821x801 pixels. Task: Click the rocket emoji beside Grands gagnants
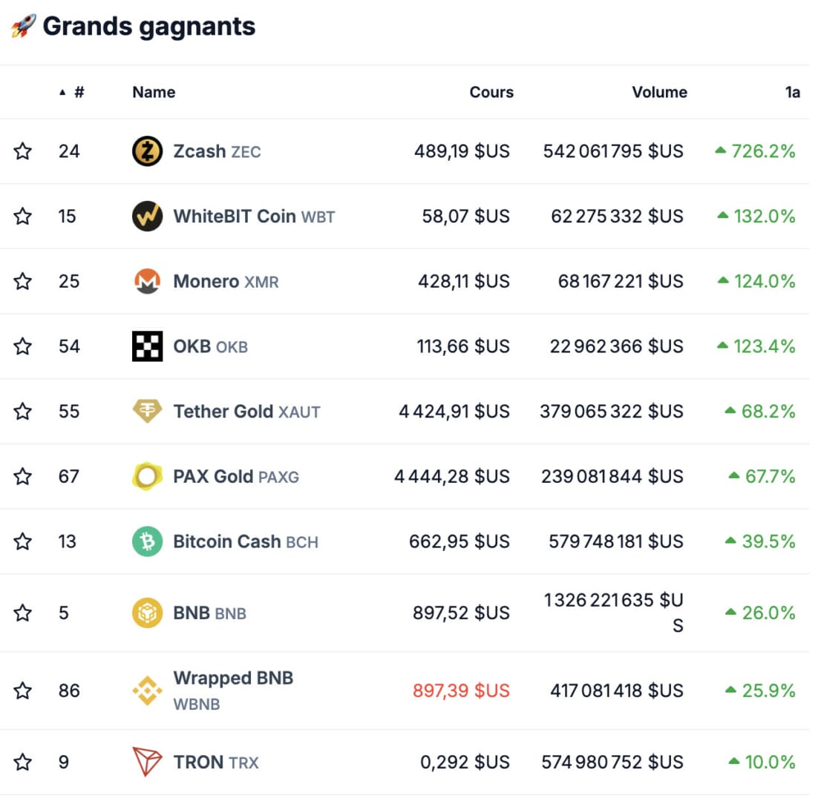(23, 27)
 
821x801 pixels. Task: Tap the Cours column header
(491, 93)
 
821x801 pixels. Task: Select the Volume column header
(659, 93)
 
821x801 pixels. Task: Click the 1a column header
(793, 93)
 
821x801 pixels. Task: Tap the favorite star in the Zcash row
(23, 152)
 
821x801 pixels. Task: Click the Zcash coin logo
(147, 152)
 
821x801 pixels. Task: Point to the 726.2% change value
(763, 152)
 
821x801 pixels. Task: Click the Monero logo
(147, 282)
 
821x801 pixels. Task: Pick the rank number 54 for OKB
(69, 346)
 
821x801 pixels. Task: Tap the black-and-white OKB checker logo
(147, 346)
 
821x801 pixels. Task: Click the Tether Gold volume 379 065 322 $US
(611, 412)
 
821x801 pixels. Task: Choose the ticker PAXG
(278, 477)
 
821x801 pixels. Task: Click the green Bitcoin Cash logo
(147, 542)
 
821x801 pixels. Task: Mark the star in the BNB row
(23, 613)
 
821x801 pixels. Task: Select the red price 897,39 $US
(461, 691)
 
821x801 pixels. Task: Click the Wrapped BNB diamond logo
(147, 691)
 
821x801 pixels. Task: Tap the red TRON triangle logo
(147, 762)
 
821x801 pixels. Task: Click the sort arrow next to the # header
(62, 93)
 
